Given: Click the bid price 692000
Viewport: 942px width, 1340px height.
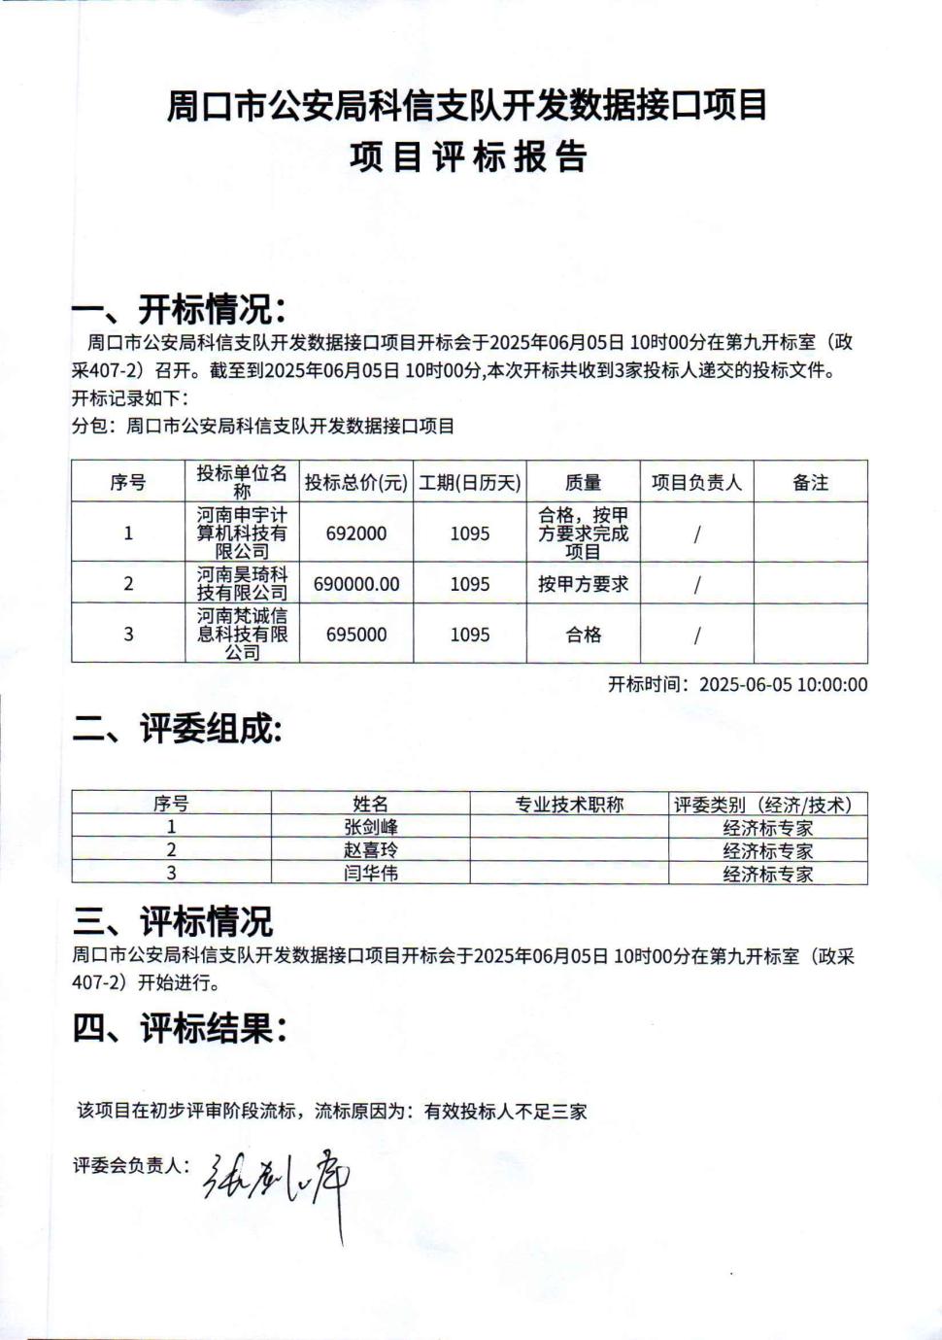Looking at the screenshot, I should click(356, 533).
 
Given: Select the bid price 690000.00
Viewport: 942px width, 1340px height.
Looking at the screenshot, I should click(356, 584).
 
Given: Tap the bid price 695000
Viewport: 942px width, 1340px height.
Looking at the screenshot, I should click(356, 635).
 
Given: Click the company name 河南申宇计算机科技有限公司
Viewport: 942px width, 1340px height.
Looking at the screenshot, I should click(242, 533).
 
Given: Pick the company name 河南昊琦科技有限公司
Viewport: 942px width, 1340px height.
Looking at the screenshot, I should click(242, 583).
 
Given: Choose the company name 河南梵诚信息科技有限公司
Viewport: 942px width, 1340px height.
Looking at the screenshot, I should click(242, 634).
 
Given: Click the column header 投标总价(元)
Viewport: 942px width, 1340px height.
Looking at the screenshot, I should click(356, 482).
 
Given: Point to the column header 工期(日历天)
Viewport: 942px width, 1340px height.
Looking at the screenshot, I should click(470, 482).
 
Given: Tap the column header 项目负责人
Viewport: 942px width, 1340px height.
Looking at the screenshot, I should click(696, 482).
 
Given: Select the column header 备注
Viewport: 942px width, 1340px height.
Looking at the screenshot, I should click(810, 482).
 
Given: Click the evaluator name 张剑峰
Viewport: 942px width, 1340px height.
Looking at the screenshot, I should click(371, 827).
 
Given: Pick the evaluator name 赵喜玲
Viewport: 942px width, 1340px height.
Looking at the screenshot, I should click(371, 850).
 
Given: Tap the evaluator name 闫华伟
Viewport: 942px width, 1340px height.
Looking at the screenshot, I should click(371, 873).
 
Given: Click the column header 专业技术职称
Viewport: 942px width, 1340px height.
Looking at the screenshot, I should click(569, 805).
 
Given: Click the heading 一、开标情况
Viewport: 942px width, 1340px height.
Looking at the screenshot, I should click(179, 311).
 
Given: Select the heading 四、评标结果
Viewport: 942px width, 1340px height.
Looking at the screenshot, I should click(180, 1028).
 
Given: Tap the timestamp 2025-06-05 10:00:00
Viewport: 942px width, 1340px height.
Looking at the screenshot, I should click(783, 684).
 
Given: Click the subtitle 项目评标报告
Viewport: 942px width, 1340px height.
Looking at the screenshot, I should click(469, 156).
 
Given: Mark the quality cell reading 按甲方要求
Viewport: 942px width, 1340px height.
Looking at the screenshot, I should click(583, 584).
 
